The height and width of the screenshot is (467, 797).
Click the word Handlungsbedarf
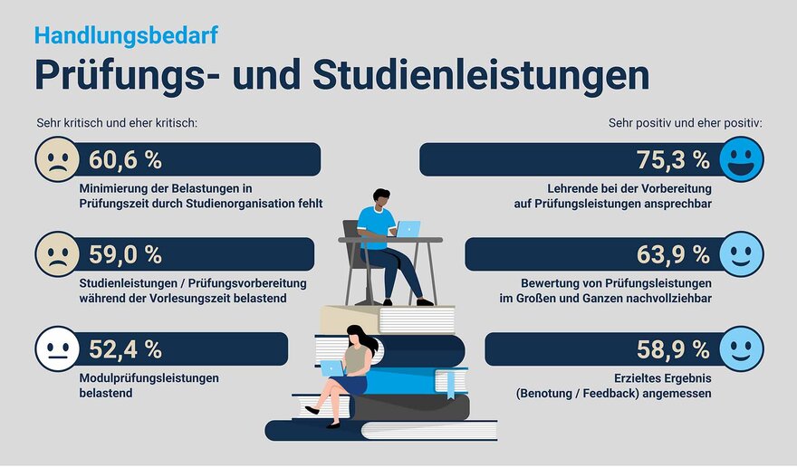click(126, 36)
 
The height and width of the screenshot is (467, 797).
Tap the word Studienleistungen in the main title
click(481, 76)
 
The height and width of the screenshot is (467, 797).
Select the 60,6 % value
click(126, 160)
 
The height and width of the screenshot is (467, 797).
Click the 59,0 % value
click(126, 254)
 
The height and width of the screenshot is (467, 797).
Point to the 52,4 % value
click(126, 349)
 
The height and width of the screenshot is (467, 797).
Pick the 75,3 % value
click(673, 160)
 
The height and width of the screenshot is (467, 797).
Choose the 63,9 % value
click(673, 254)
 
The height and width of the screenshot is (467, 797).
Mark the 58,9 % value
click(673, 349)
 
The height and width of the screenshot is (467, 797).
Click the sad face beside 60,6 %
click(57, 159)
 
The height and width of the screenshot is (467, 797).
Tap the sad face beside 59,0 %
click(57, 254)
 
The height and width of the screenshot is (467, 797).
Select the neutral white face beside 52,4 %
click(57, 349)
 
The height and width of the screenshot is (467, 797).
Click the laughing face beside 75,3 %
click(741, 159)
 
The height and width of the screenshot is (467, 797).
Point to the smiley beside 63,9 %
click(741, 254)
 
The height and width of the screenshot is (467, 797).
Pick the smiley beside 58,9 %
click(741, 349)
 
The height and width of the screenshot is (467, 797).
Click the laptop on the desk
click(408, 229)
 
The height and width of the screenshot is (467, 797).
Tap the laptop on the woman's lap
click(331, 368)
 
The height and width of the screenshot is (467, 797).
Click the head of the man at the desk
click(380, 199)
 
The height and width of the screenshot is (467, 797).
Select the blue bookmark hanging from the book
click(450, 385)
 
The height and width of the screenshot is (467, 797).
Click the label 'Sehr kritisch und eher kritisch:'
click(117, 123)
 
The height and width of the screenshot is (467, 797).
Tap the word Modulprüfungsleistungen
click(149, 378)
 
